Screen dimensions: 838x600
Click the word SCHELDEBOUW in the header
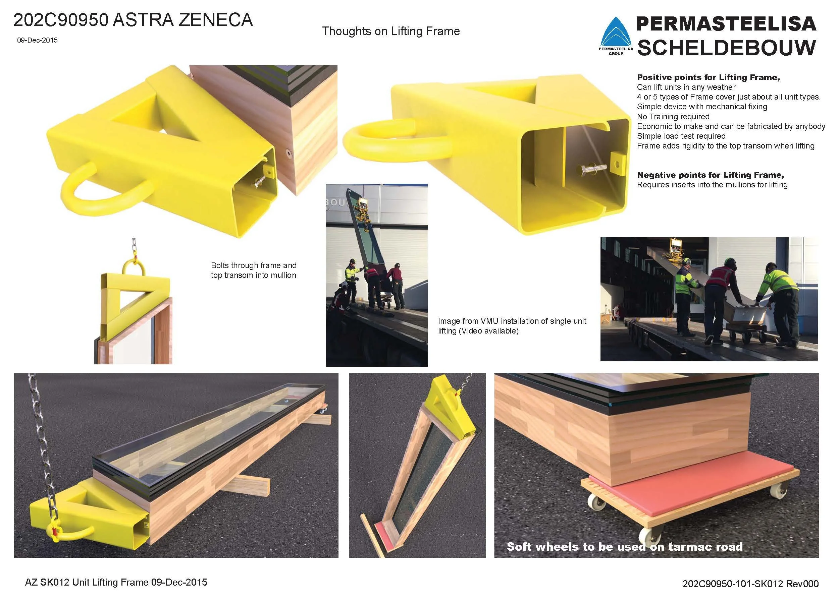(x=727, y=47)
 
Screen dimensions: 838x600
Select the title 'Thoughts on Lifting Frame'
(x=391, y=31)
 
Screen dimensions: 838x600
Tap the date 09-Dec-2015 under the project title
(x=37, y=40)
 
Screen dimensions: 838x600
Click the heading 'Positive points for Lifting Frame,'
(x=708, y=77)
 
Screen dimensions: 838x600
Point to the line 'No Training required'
(x=673, y=116)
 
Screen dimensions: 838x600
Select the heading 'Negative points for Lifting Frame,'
(x=710, y=175)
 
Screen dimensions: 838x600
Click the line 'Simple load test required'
(x=681, y=136)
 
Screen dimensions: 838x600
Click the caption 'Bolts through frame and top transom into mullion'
(x=254, y=270)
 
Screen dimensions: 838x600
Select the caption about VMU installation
(x=512, y=326)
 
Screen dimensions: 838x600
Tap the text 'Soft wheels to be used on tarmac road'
(x=624, y=547)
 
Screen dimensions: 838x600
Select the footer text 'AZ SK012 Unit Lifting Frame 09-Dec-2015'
(x=116, y=582)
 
